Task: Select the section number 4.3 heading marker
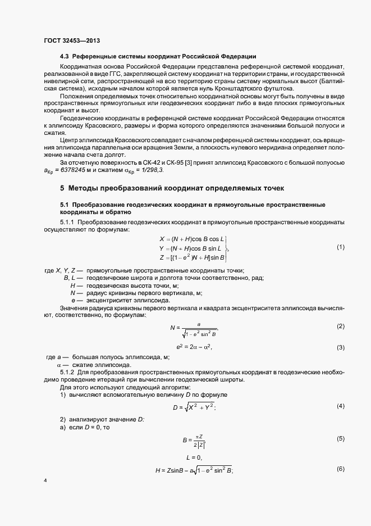point(65,56)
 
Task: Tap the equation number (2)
point(340,327)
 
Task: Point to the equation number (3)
point(340,347)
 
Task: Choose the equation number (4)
point(340,406)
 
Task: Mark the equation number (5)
point(340,438)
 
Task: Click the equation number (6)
point(340,469)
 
